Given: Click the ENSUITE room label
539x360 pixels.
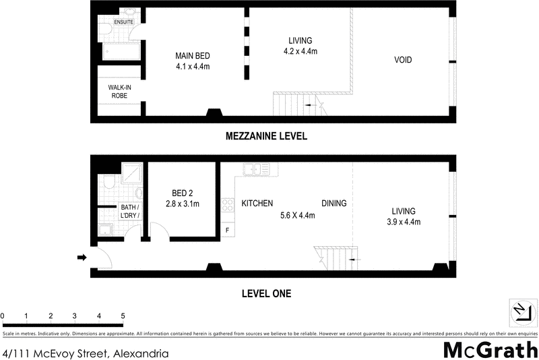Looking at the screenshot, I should pos(123,22).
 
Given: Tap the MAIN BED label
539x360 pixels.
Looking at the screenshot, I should pos(189,55).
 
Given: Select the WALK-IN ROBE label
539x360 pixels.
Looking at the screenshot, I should pos(119,92).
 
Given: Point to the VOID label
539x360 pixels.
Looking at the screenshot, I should pos(403,60).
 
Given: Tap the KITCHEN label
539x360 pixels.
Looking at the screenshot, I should pos(257,203).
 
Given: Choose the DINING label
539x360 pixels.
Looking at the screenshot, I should pos(334,203).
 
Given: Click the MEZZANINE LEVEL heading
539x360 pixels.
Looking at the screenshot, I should pos(266,136).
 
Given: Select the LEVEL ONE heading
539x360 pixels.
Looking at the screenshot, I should pos(266,293).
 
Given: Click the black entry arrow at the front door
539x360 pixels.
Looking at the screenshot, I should pos(82,257).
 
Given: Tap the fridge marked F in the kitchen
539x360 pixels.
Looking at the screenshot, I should pos(227,231).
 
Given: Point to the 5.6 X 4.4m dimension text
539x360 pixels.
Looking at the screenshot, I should pos(298,216).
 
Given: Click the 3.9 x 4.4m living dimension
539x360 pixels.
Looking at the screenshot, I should pos(402,222).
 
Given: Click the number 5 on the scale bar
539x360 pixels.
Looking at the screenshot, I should pos(123,316).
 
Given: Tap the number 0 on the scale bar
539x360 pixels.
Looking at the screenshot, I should pos(3,316).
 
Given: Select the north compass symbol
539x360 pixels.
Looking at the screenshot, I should pos(521,311).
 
